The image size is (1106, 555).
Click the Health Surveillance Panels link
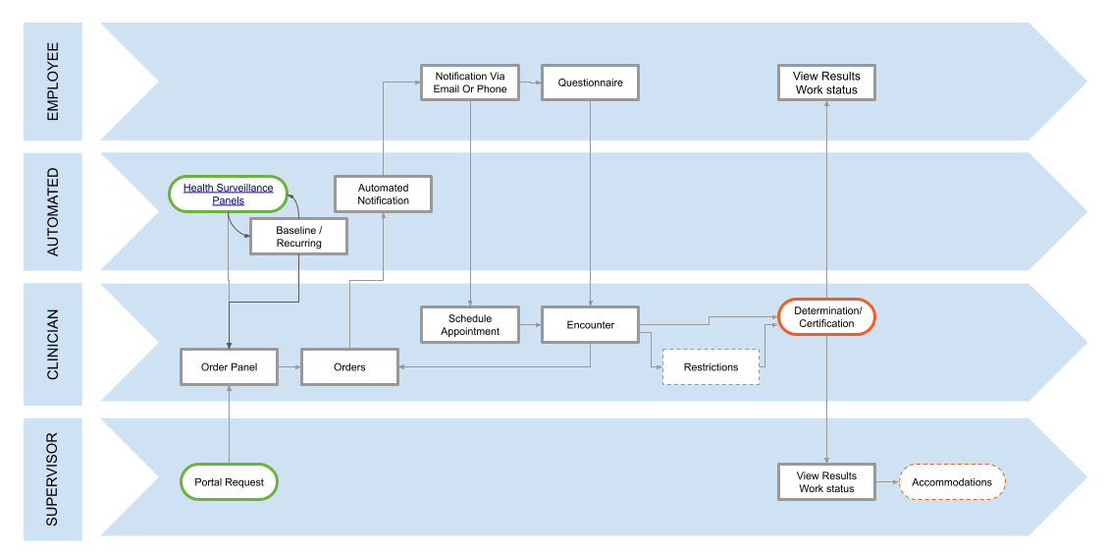pyautogui.click(x=229, y=194)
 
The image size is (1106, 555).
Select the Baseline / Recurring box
pyautogui.click(x=298, y=237)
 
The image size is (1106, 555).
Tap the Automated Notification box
pyautogui.click(x=383, y=194)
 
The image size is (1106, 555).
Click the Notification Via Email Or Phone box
pyautogui.click(x=470, y=83)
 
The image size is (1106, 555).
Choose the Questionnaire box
pyautogui.click(x=590, y=83)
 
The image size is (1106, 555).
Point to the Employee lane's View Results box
pyautogui.click(x=826, y=83)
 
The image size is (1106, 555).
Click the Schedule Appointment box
pyautogui.click(x=470, y=325)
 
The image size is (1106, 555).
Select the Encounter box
pyautogui.click(x=590, y=325)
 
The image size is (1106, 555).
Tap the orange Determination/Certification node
pyautogui.click(x=826, y=317)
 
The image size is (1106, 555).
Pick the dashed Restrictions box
pyautogui.click(x=711, y=367)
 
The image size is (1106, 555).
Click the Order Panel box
pyautogui.click(x=229, y=367)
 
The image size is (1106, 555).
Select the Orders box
pyautogui.click(x=349, y=367)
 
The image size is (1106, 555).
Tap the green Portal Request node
pyautogui.click(x=229, y=482)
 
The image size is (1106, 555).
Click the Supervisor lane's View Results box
pyautogui.click(x=826, y=482)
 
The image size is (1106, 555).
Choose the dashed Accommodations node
pyautogui.click(x=951, y=482)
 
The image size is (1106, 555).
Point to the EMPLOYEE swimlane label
pyautogui.click(x=53, y=82)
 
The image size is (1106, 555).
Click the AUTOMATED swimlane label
pyautogui.click(x=53, y=211)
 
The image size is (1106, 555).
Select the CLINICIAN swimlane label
pyautogui.click(x=53, y=344)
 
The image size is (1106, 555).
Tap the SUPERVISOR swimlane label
pyautogui.click(x=53, y=477)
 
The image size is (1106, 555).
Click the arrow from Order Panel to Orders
pyautogui.click(x=290, y=367)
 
